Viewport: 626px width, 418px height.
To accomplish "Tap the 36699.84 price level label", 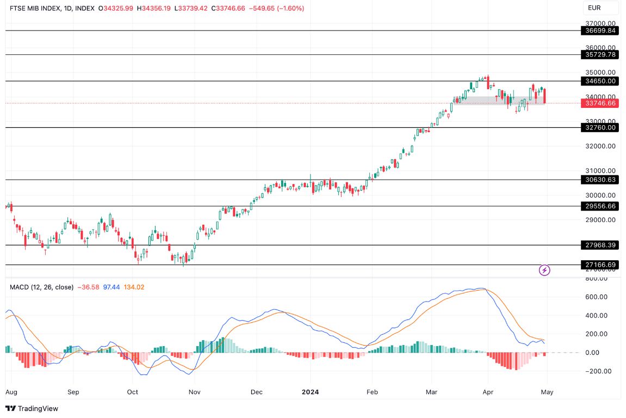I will click(x=600, y=31).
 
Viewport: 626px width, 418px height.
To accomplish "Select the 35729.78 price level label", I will click(x=600, y=55).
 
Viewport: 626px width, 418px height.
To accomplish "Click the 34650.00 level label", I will click(x=600, y=81).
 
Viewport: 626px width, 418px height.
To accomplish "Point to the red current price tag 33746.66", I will click(x=600, y=103).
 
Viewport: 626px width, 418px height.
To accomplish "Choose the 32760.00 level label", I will click(x=600, y=128).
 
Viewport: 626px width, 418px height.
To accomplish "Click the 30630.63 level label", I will click(x=600, y=180).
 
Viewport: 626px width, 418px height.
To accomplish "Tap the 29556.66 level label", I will click(x=600, y=206).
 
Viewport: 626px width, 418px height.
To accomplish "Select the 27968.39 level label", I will click(x=600, y=245).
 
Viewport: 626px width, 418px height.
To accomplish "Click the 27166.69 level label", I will click(x=600, y=265).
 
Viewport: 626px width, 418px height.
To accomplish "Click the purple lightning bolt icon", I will click(x=544, y=270).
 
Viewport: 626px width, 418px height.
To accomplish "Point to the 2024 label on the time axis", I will click(x=311, y=392).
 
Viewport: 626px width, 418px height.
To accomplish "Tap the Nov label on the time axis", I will click(x=194, y=392).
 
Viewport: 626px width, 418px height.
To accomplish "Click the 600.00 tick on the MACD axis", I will click(x=600, y=297).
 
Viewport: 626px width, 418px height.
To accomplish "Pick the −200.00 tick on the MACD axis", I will click(x=599, y=372).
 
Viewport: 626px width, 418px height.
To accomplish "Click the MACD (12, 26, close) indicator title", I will click(x=41, y=287).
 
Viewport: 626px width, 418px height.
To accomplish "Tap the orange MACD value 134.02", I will click(x=133, y=287).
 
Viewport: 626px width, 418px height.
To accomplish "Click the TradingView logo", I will click(x=32, y=409).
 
